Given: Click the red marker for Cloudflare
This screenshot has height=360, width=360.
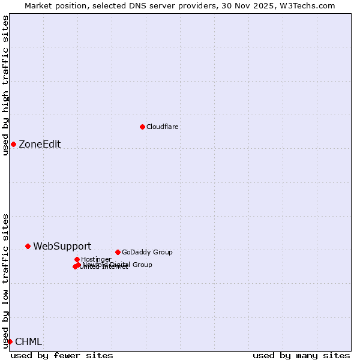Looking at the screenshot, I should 142,127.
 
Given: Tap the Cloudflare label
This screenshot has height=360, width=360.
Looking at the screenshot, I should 163,127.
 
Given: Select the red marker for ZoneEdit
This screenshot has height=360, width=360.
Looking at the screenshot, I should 13,144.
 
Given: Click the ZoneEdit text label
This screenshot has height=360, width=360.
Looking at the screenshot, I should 40,144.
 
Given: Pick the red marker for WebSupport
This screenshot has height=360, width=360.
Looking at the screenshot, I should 28,246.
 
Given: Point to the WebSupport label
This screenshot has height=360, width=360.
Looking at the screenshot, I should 62,246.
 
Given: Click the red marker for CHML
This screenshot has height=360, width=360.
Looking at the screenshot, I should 10,341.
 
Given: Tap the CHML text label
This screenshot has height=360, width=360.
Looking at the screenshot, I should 29,341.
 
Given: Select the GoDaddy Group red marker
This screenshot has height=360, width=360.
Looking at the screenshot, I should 118,252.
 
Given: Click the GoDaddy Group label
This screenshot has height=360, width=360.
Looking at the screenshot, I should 147,252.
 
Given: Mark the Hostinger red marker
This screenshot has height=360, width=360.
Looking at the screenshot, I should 77,259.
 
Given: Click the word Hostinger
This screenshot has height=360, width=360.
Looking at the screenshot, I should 96,259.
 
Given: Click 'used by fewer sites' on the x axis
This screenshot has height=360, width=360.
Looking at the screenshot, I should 62,355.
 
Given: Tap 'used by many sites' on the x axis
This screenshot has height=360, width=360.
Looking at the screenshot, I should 301,355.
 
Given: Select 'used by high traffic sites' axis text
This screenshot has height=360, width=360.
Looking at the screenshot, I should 5,85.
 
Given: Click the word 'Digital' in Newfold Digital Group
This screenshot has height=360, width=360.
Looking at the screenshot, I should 121,265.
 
